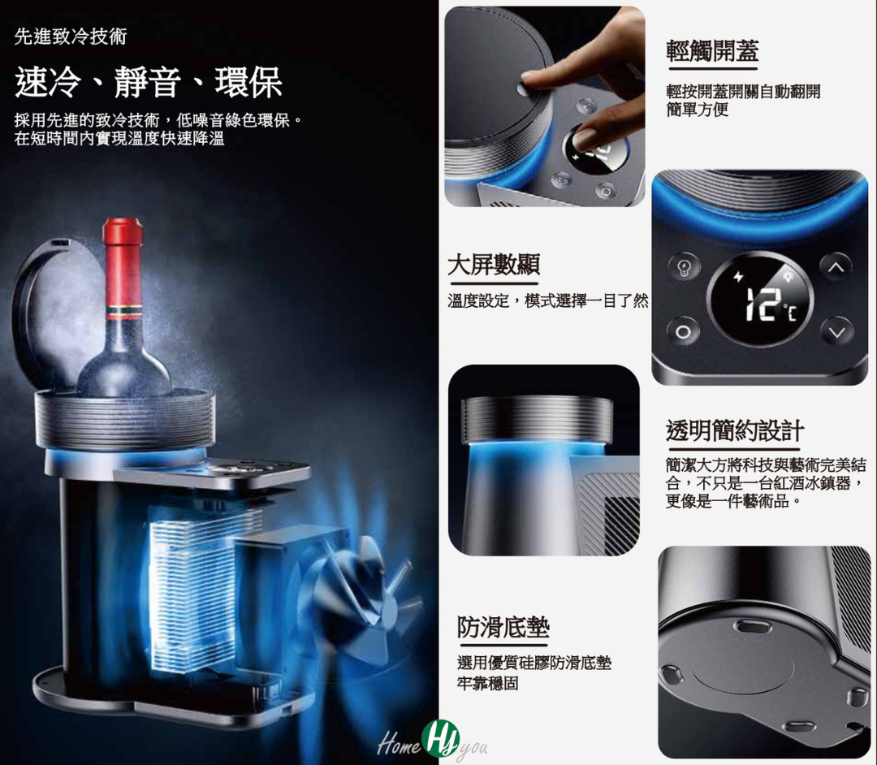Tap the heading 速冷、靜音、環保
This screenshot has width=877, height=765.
point(148,83)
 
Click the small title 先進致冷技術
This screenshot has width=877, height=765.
point(71,37)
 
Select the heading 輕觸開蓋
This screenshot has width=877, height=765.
point(712,51)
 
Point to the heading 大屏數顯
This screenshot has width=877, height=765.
point(494,264)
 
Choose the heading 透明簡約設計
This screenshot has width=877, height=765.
point(734,430)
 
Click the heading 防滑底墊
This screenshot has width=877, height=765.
point(503,627)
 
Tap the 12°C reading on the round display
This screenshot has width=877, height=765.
point(758,304)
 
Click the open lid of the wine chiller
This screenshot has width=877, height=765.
point(49,317)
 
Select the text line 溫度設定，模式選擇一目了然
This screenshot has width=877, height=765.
point(548,301)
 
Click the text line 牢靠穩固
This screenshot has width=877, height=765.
point(488,684)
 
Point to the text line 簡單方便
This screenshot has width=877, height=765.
point(698,110)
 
